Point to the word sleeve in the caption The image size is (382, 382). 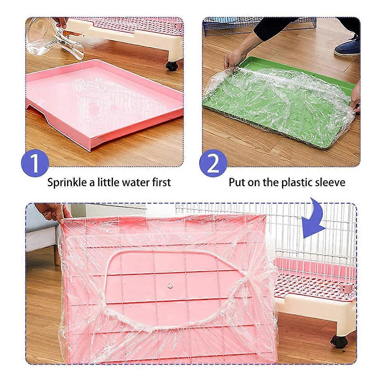330,182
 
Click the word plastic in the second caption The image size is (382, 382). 295,182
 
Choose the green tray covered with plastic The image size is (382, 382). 280,92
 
